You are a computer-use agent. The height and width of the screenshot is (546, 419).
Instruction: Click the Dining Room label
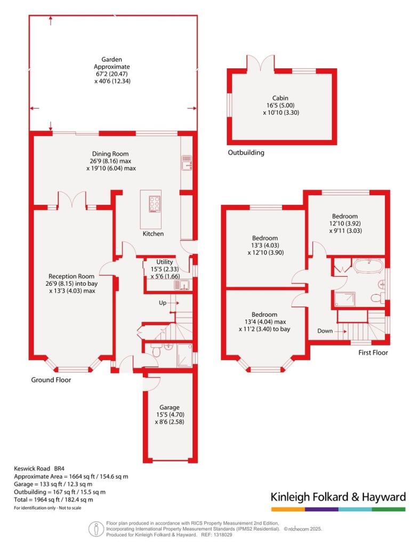pos(109,154)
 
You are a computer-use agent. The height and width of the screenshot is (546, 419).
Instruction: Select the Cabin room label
pos(280,98)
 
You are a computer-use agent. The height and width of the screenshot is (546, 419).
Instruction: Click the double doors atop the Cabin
pos(261,63)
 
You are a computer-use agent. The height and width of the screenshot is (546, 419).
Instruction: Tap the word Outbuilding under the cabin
pos(246,152)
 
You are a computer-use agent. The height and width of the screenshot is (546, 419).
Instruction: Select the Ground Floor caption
pos(51,380)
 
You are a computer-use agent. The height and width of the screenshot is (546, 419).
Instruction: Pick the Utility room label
pos(164,262)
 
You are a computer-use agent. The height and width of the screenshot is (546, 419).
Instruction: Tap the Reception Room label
pos(71,276)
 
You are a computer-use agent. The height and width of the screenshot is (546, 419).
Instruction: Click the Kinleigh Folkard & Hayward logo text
pos(338,497)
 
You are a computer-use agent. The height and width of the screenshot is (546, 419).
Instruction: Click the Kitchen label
pos(153,234)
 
